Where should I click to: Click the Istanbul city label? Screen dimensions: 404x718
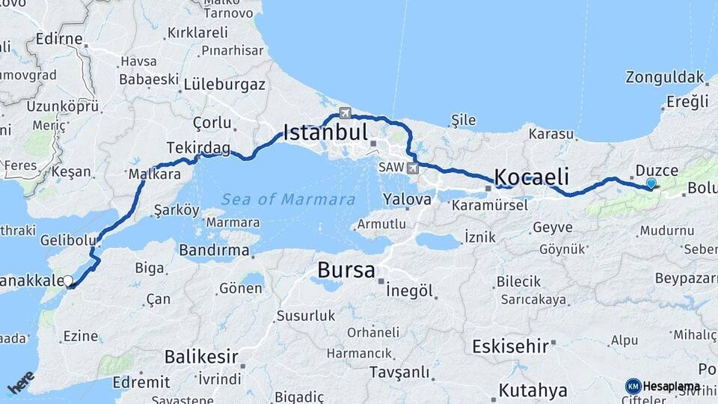325,134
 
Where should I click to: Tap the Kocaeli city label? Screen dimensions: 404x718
532,177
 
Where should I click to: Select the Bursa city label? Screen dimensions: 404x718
346,270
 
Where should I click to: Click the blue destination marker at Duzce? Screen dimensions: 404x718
651,183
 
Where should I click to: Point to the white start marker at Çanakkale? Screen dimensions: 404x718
68,281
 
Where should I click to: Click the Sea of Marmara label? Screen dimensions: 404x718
288,200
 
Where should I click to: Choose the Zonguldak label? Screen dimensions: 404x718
665,77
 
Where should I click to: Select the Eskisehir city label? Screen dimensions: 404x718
511,346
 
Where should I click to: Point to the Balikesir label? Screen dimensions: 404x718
201,356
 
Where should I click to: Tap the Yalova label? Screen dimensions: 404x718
407,200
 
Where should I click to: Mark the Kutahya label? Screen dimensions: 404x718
533,390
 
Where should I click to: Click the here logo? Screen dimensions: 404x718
20,382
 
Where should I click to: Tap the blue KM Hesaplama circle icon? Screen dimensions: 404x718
633,386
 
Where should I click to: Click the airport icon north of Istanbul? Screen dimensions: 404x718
344,113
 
